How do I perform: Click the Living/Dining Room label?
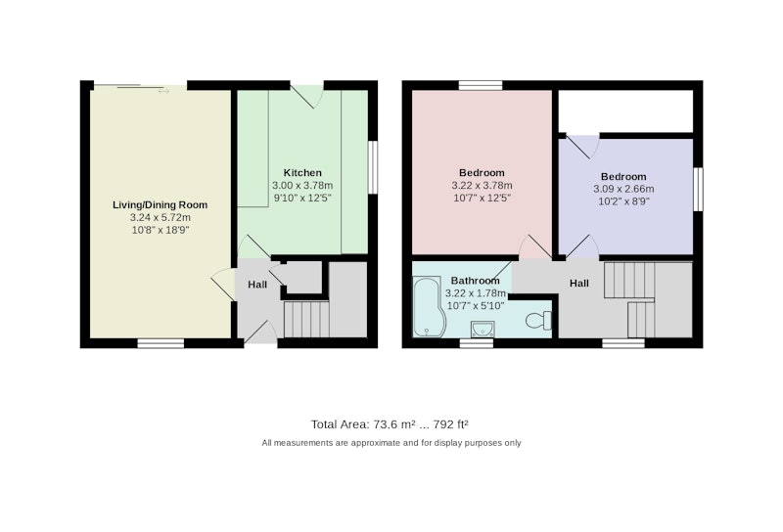[x=160, y=204]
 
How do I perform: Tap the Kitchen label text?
[x=302, y=173]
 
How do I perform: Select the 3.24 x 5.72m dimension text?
[x=161, y=217]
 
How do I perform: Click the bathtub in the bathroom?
[x=427, y=306]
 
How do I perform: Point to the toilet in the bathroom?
[x=539, y=320]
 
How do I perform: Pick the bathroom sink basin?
[x=483, y=330]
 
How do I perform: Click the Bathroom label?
[x=475, y=281]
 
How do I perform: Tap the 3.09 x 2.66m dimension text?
[x=623, y=189]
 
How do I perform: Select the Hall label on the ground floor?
[x=257, y=285]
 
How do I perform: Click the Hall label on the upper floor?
[x=579, y=283]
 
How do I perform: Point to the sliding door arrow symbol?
[x=163, y=91]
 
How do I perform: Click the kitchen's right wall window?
[x=373, y=167]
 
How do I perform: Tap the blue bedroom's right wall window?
[x=698, y=189]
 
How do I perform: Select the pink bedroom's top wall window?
[x=481, y=85]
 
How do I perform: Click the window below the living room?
[x=161, y=343]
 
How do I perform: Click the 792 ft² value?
[x=451, y=424]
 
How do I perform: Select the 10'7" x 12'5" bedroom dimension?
[x=482, y=198]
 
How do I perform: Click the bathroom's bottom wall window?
[x=477, y=343]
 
